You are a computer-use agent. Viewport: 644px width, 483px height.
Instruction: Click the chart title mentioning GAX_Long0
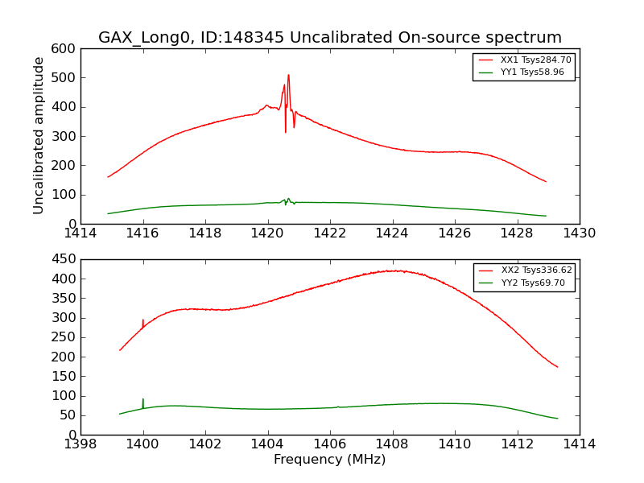pos(330,38)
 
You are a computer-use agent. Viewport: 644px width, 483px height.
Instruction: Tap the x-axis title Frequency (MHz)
pos(330,460)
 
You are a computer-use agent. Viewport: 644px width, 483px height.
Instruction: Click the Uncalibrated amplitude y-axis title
pos(39,135)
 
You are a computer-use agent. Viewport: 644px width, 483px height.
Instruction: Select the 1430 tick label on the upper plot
pos(580,233)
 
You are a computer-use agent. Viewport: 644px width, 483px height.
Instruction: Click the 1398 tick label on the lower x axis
pos(80,444)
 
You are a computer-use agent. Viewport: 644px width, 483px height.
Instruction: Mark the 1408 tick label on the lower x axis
pos(393,444)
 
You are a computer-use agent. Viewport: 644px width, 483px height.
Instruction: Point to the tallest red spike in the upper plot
pos(288,76)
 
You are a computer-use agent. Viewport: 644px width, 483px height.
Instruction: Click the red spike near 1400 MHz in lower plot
pos(143,321)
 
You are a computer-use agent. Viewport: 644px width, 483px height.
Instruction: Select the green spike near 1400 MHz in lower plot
pos(143,400)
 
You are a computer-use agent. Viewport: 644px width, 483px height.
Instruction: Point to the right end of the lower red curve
pos(557,367)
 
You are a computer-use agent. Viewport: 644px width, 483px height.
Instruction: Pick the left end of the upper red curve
pos(108,177)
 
